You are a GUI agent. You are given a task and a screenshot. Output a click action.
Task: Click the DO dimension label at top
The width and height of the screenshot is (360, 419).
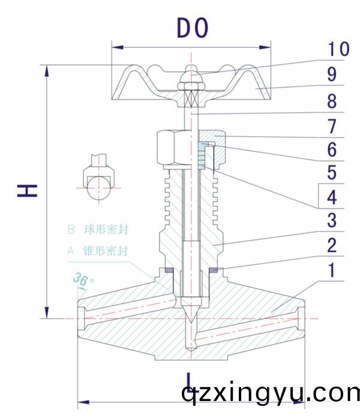(x=192, y=28)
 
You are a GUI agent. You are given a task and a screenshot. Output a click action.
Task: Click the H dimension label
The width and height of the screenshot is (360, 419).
(x=27, y=191)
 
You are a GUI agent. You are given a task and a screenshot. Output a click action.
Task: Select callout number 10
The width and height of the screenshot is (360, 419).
(x=334, y=49)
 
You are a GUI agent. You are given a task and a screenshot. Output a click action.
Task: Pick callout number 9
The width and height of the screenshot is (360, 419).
(x=332, y=75)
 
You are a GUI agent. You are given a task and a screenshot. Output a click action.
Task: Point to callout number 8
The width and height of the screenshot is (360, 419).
(x=332, y=101)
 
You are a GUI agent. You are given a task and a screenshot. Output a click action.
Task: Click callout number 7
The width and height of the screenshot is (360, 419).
(x=332, y=126)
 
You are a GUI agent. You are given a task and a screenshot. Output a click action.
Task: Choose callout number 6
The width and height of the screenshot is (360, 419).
(x=332, y=149)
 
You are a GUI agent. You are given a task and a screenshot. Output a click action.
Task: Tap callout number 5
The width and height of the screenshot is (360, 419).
(x=332, y=173)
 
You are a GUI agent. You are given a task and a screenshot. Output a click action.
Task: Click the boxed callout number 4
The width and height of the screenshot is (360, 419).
(x=332, y=196)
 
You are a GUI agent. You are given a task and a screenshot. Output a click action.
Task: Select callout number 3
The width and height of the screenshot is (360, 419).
(x=332, y=220)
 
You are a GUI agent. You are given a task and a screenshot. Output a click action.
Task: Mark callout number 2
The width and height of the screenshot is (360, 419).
(x=332, y=245)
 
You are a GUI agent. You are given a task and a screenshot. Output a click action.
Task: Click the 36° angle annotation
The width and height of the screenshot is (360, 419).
(x=81, y=279)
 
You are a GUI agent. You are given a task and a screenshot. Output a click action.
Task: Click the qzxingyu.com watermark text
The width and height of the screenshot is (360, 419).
(x=270, y=394)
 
